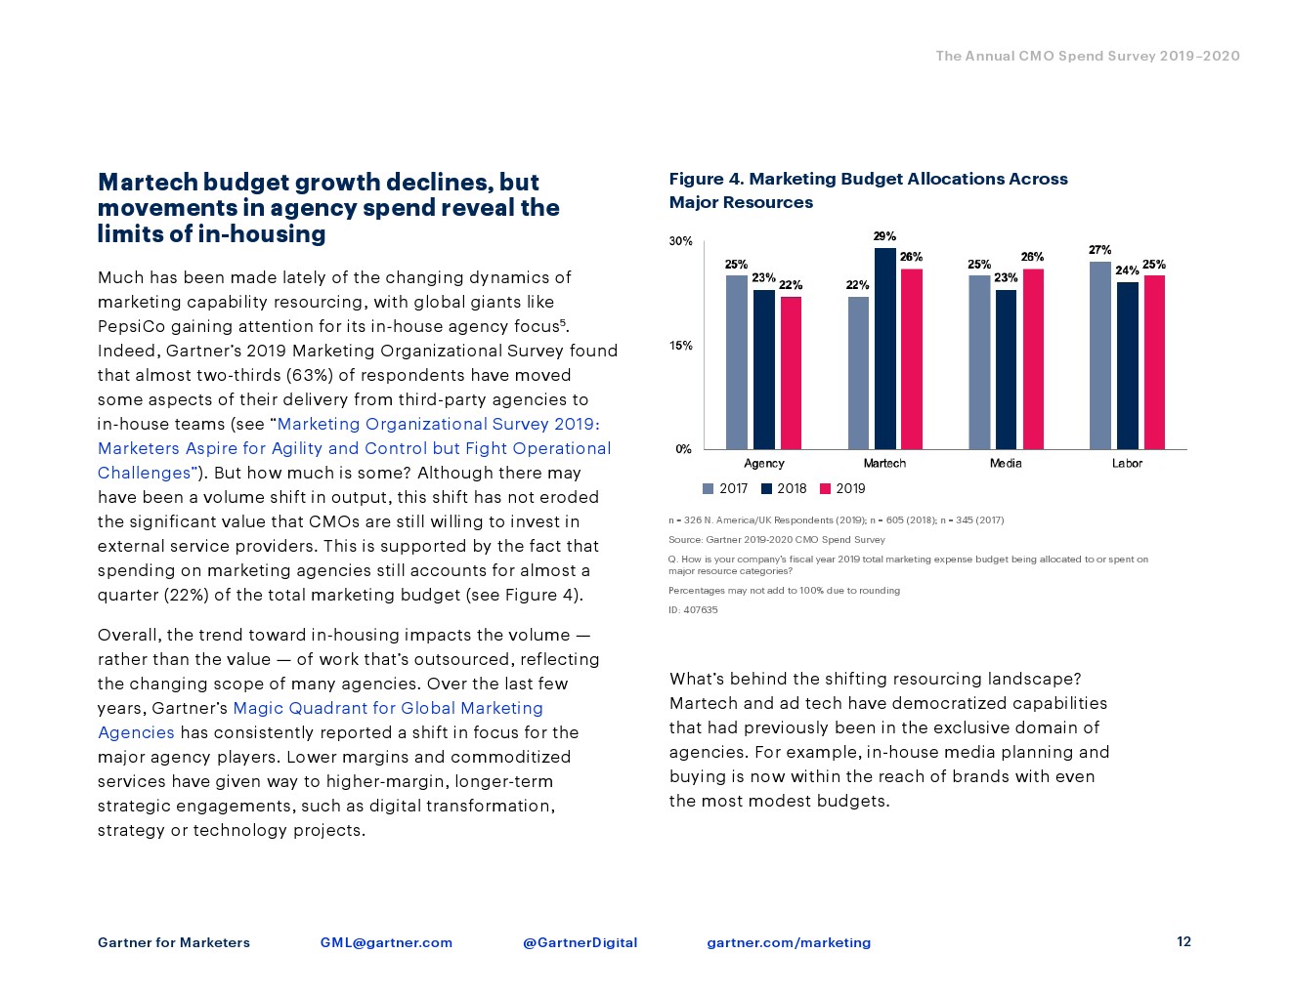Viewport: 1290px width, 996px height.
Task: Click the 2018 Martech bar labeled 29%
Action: pyautogui.click(x=884, y=349)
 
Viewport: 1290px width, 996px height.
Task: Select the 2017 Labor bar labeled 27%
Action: pyautogui.click(x=1099, y=355)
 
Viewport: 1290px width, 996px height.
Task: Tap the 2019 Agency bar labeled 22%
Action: pyautogui.click(x=791, y=373)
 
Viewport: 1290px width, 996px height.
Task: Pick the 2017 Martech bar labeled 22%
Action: pyautogui.click(x=858, y=373)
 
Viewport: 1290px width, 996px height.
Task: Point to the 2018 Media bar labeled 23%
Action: pyautogui.click(x=1006, y=369)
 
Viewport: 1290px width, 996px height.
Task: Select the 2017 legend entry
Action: pyautogui.click(x=725, y=488)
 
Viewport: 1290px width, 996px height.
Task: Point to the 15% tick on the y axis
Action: pyautogui.click(x=680, y=346)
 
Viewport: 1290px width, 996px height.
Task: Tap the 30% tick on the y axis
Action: pyautogui.click(x=680, y=241)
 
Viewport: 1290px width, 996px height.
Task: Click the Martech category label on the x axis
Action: pyautogui.click(x=884, y=463)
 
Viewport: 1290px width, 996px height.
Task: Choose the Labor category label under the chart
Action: pyautogui.click(x=1127, y=463)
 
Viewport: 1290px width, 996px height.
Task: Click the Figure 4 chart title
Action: pyautogui.click(x=868, y=190)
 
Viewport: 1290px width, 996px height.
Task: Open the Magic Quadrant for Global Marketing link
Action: pyautogui.click(x=388, y=708)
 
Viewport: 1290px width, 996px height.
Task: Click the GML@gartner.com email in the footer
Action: pyautogui.click(x=386, y=942)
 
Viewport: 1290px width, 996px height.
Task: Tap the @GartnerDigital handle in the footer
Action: pyautogui.click(x=580, y=942)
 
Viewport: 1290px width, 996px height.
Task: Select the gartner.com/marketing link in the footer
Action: pyautogui.click(x=789, y=942)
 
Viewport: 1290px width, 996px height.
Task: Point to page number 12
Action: pyautogui.click(x=1183, y=941)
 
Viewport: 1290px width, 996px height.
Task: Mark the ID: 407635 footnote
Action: pyautogui.click(x=693, y=610)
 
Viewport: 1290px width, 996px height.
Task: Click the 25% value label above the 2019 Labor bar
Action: pyautogui.click(x=1153, y=265)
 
